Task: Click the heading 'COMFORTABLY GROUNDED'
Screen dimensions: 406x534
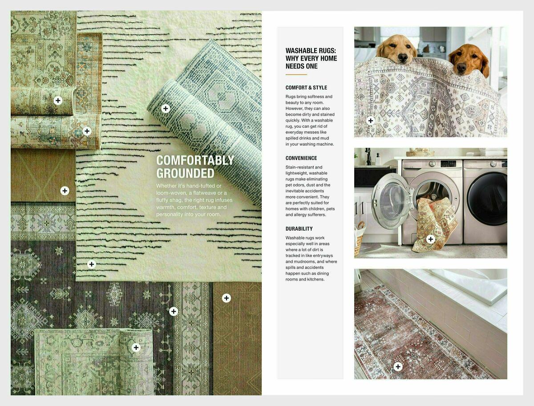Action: tap(195, 166)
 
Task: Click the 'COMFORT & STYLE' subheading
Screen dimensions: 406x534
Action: tap(306, 88)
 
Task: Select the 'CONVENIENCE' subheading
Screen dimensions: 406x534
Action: tap(301, 158)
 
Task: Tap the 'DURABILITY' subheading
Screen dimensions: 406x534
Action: tap(299, 229)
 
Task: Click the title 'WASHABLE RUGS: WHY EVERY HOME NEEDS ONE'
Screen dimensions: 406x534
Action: tap(311, 58)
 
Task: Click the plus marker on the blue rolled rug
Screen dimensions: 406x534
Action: tap(166, 108)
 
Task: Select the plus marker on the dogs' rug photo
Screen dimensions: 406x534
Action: tap(370, 120)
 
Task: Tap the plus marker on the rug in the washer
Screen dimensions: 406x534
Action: tap(430, 239)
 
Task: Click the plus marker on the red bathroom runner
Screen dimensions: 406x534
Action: tap(398, 366)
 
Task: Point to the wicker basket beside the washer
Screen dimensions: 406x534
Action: tap(359, 238)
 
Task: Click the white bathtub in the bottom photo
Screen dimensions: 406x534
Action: tap(467, 285)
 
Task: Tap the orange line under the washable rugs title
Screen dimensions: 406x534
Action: tap(296, 74)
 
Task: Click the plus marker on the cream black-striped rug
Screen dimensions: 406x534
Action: tap(92, 264)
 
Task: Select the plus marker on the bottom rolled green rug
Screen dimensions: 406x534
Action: tap(136, 347)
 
